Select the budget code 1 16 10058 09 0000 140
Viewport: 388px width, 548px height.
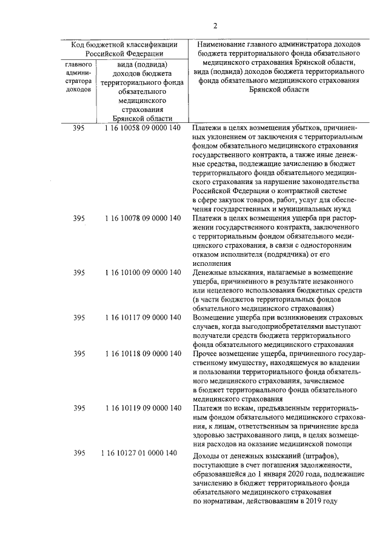coord(142,128)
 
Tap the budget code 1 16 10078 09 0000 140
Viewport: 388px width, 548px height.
coord(142,218)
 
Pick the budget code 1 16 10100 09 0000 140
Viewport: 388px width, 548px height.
coord(142,272)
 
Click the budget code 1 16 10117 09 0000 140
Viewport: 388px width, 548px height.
coord(142,317)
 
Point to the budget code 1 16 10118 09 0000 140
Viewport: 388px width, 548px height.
coord(142,353)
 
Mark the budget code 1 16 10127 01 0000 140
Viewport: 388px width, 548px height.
coord(140,454)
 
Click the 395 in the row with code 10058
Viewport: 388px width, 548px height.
coord(79,128)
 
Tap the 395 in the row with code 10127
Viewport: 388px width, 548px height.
coord(79,454)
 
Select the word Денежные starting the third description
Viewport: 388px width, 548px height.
coord(209,272)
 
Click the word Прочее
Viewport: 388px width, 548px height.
coord(204,353)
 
